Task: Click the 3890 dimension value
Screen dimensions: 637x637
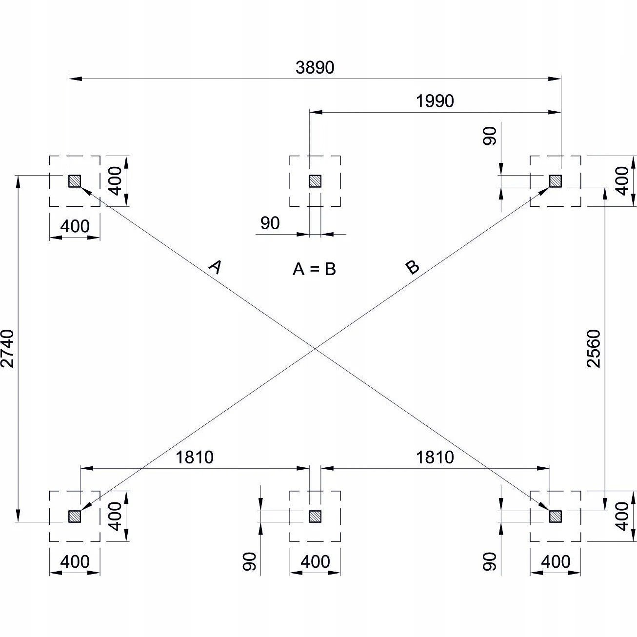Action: point(315,68)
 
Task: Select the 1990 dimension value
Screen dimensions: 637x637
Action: point(435,101)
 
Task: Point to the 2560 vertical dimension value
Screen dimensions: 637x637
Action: point(594,348)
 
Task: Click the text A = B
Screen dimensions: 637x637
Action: point(314,269)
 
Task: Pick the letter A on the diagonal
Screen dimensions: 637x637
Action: point(215,267)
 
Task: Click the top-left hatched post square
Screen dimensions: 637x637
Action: point(74,181)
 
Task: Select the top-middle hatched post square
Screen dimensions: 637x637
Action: point(315,181)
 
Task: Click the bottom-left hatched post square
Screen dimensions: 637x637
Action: point(74,516)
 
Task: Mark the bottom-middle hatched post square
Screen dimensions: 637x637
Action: point(315,516)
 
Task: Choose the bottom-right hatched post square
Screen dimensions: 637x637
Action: point(556,516)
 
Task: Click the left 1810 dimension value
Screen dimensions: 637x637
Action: point(195,458)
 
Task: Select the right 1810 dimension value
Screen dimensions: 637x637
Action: point(435,458)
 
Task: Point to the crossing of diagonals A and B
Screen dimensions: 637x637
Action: point(315,349)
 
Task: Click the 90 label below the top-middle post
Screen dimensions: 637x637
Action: point(270,223)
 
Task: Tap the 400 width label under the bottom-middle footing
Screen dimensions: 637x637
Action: point(315,562)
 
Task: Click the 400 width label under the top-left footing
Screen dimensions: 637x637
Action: point(75,226)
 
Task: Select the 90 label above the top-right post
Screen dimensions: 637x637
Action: point(490,136)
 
